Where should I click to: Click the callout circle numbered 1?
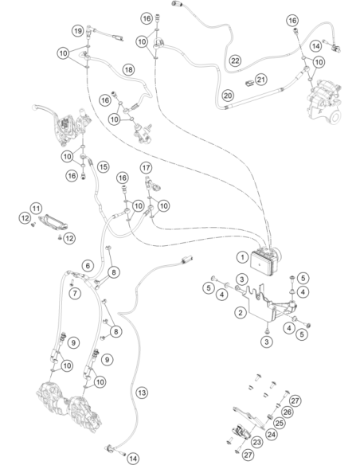[243, 257]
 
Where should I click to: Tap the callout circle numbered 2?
[241, 312]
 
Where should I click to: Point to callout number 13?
[142, 393]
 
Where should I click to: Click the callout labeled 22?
[235, 61]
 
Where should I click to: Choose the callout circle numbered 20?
[228, 96]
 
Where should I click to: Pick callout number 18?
[128, 70]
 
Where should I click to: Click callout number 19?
[78, 31]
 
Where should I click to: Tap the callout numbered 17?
[146, 168]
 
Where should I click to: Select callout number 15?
[103, 166]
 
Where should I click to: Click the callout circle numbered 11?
[36, 209]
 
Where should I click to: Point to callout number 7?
[75, 294]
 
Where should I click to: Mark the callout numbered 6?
[88, 265]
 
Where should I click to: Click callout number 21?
[261, 80]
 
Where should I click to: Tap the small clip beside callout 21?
[249, 84]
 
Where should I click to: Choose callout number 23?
[256, 442]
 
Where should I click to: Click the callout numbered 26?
[287, 412]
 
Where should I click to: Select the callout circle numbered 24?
[271, 435]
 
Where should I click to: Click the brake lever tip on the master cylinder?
[35, 107]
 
